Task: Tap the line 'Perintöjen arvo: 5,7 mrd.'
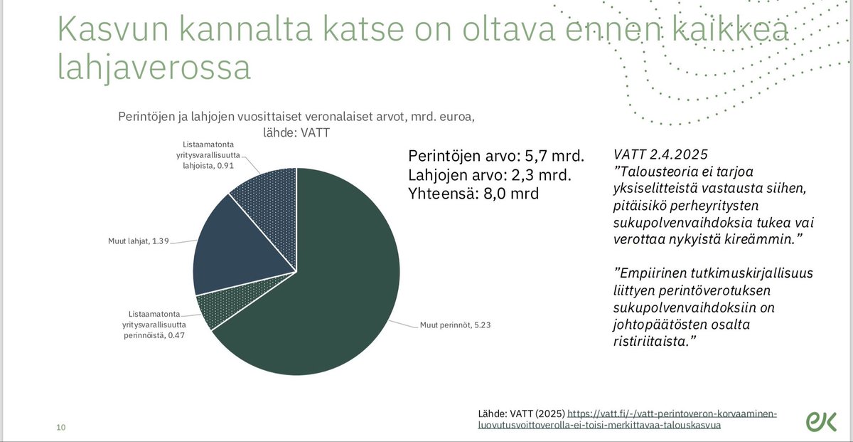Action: (x=496, y=156)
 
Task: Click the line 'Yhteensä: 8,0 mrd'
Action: (x=473, y=194)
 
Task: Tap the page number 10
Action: (x=61, y=427)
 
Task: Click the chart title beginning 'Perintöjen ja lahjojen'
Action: (x=293, y=118)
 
